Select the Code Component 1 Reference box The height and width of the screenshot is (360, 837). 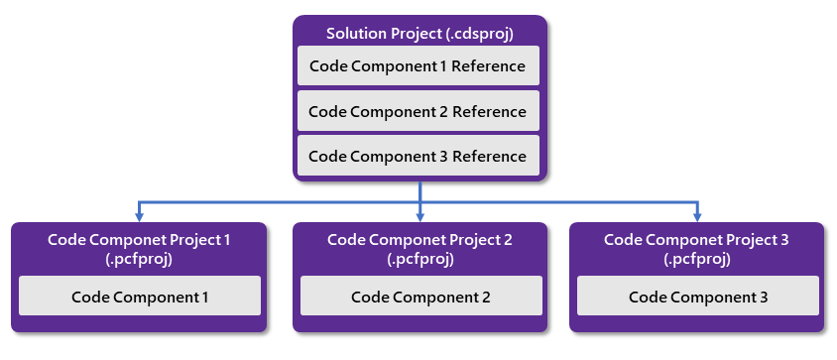(418, 66)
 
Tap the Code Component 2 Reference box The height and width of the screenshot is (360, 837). (418, 111)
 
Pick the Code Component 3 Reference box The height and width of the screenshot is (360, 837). (418, 156)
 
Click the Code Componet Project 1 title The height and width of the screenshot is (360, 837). (139, 240)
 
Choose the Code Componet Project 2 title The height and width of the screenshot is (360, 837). (419, 240)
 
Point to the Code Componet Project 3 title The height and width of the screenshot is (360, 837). (696, 240)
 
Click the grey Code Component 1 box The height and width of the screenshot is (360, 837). (140, 296)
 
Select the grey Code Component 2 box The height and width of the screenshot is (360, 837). (420, 296)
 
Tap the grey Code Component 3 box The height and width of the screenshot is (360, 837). (698, 296)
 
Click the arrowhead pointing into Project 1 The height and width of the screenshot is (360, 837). (140, 216)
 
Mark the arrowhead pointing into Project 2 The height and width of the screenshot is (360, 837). (420, 216)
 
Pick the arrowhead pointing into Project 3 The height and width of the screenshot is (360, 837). (698, 216)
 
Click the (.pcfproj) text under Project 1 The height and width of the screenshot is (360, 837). (139, 259)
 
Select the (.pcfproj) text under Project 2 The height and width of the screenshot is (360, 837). (419, 259)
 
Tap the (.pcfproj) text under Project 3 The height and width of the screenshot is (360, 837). (696, 259)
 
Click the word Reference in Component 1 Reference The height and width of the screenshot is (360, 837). (488, 66)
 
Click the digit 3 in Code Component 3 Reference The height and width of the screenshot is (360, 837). (443, 156)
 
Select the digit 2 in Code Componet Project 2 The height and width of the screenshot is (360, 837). (507, 240)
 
